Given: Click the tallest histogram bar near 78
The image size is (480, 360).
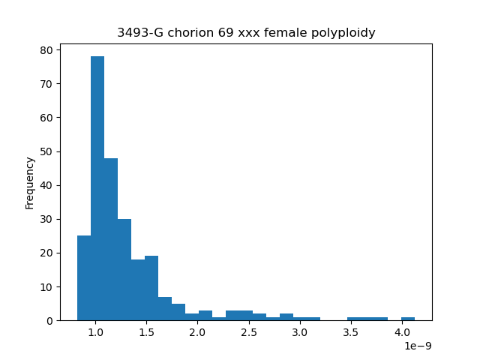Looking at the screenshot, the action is (x=97, y=188).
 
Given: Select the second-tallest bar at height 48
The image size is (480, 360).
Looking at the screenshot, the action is (x=111, y=239).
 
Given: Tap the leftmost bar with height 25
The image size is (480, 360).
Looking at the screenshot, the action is (x=84, y=278).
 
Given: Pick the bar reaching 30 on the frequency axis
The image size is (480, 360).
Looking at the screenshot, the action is (x=124, y=270).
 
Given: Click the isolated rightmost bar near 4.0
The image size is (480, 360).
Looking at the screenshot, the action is (x=408, y=319).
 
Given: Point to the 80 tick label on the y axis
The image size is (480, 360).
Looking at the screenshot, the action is (x=46, y=50).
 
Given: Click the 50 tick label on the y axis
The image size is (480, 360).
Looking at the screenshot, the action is (x=46, y=151).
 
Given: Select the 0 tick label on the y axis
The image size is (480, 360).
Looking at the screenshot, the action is (x=49, y=321).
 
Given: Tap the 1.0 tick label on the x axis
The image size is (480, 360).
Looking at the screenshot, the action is (x=96, y=332).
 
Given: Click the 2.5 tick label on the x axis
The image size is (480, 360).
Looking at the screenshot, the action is (x=249, y=332).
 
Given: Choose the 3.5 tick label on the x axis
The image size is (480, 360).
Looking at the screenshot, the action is (x=351, y=332).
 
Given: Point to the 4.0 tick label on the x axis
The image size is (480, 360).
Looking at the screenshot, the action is (x=402, y=332).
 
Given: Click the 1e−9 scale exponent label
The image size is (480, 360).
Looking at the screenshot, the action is (x=418, y=346).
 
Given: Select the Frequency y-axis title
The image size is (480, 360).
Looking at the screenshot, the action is (x=30, y=183).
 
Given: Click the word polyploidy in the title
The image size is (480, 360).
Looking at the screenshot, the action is (x=343, y=32).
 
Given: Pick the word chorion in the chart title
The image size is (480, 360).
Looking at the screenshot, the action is (x=191, y=32).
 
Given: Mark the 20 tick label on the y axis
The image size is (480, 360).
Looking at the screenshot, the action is (x=46, y=253).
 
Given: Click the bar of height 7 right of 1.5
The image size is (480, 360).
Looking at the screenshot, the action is (x=165, y=309).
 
